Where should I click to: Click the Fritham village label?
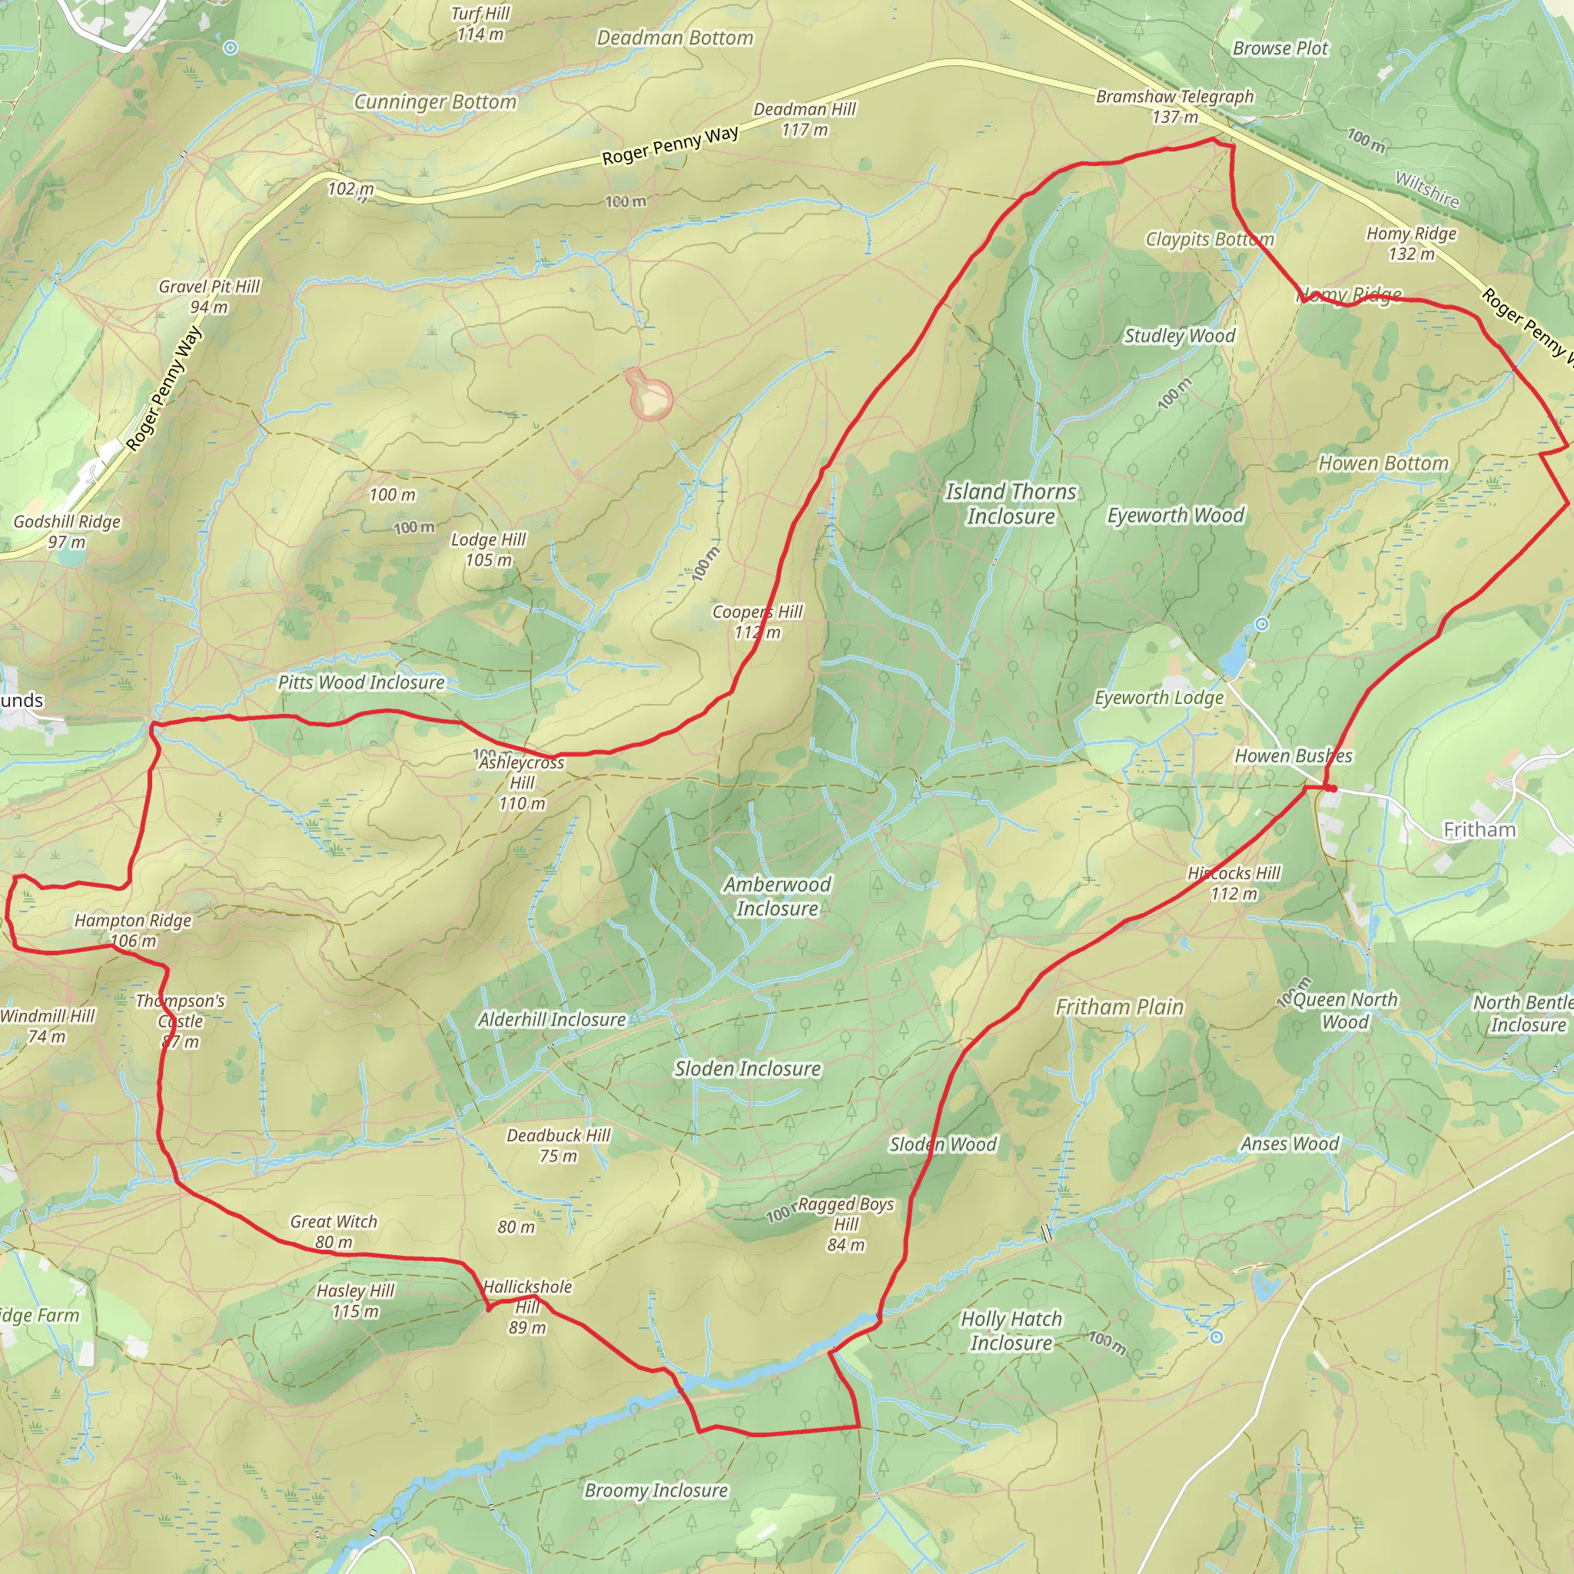pyautogui.click(x=1479, y=830)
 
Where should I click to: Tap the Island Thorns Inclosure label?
pyautogui.click(x=1010, y=503)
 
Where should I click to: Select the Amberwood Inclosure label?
pyautogui.click(x=777, y=896)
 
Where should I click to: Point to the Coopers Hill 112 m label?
pyautogui.click(x=757, y=622)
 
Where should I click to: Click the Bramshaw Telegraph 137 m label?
pyautogui.click(x=1175, y=107)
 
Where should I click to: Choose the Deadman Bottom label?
pyautogui.click(x=675, y=38)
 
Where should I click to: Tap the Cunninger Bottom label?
pyautogui.click(x=435, y=102)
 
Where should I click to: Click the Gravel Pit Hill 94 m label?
pyautogui.click(x=209, y=297)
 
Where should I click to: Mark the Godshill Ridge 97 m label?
pyautogui.click(x=67, y=531)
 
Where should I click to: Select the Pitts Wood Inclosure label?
pyautogui.click(x=362, y=682)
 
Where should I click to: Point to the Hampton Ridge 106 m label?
pyautogui.click(x=133, y=931)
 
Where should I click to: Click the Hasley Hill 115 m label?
pyautogui.click(x=355, y=1301)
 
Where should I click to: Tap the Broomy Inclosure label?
pyautogui.click(x=656, y=1491)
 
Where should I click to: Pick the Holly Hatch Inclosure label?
pyautogui.click(x=1011, y=1330)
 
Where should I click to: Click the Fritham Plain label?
pyautogui.click(x=1119, y=1008)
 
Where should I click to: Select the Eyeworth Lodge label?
pyautogui.click(x=1158, y=698)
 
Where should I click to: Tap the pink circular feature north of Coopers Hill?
pyautogui.click(x=651, y=397)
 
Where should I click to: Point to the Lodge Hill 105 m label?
pyautogui.click(x=488, y=550)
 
